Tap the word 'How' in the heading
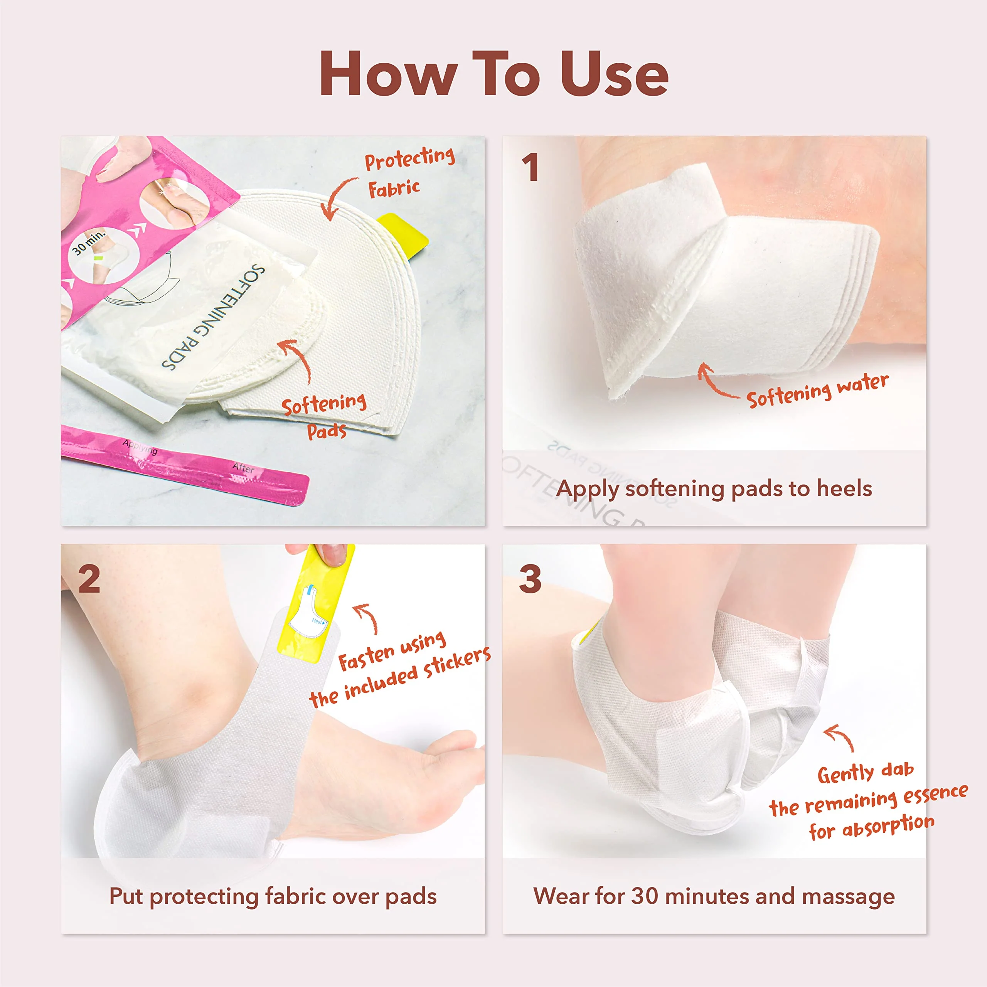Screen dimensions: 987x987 tap(388, 74)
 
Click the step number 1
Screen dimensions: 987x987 tap(530, 168)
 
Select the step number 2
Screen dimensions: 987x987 tap(89, 579)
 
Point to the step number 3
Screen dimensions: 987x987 tap(530, 579)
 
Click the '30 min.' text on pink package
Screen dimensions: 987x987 tap(88, 243)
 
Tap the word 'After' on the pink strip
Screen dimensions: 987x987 tap(243, 467)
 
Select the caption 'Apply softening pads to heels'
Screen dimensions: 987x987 tap(714, 489)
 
